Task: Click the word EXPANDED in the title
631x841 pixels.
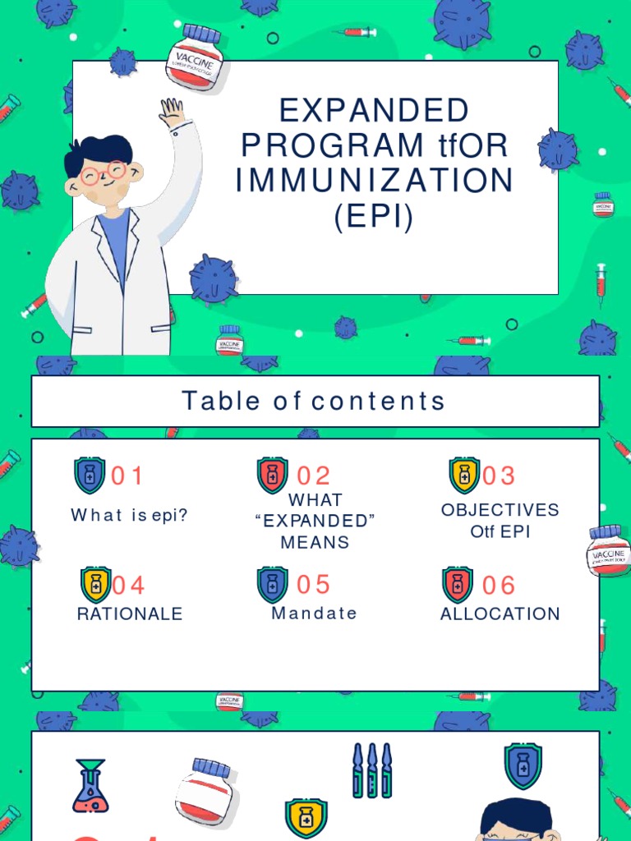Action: click(x=374, y=110)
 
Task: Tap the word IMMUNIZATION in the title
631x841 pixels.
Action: click(x=374, y=181)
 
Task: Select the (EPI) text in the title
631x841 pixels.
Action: click(x=374, y=216)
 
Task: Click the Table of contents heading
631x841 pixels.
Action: click(x=314, y=402)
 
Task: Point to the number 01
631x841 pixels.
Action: click(x=127, y=476)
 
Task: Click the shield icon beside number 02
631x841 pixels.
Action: click(x=273, y=476)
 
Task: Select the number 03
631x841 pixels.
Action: click(x=499, y=476)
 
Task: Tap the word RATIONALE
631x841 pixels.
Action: click(x=130, y=614)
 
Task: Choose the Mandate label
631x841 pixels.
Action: click(x=315, y=614)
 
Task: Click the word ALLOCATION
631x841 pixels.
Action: click(x=500, y=614)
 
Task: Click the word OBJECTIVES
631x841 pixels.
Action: click(x=500, y=509)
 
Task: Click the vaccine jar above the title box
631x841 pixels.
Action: click(x=195, y=57)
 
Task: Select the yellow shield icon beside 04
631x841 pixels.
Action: click(x=95, y=585)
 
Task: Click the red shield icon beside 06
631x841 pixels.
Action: click(x=458, y=585)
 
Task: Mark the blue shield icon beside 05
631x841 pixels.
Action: click(x=273, y=585)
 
